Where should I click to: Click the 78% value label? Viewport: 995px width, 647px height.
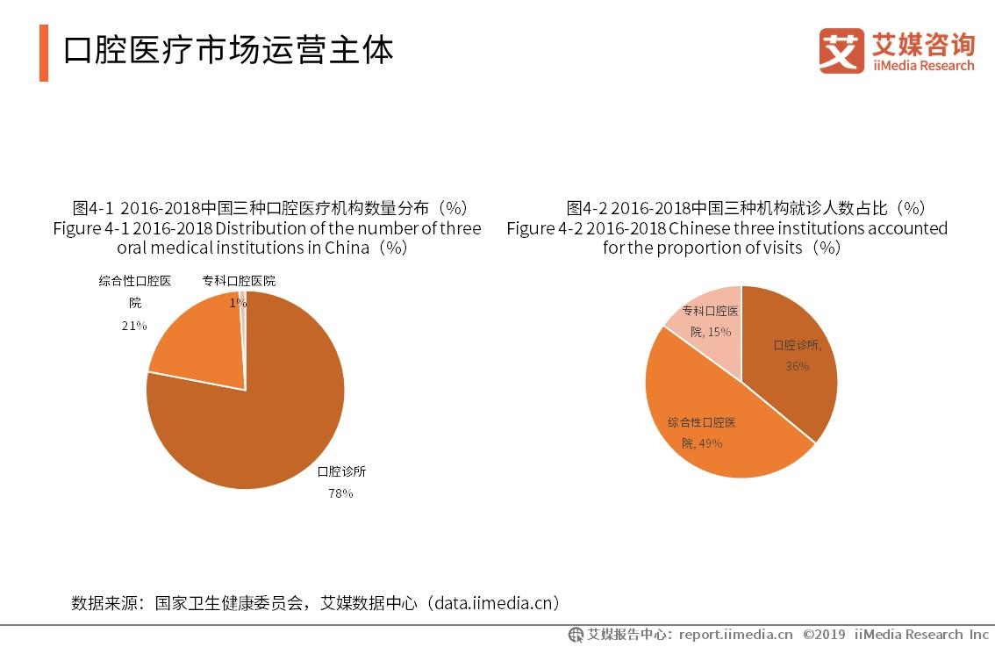340,493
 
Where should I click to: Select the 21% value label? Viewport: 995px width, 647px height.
134,325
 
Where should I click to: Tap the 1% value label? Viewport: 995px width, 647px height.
238,303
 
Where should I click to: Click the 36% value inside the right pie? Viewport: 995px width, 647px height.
797,366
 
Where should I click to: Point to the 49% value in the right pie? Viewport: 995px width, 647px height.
709,443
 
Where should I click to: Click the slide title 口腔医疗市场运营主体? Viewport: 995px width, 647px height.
228,50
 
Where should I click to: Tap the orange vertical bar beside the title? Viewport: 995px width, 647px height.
44,53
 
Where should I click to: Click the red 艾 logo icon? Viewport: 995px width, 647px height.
841,51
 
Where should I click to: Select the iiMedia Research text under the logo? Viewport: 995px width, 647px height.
923,66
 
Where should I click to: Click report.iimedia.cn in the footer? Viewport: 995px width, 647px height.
735,634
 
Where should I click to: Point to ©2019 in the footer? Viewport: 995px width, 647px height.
824,634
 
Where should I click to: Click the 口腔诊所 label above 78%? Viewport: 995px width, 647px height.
341,471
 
